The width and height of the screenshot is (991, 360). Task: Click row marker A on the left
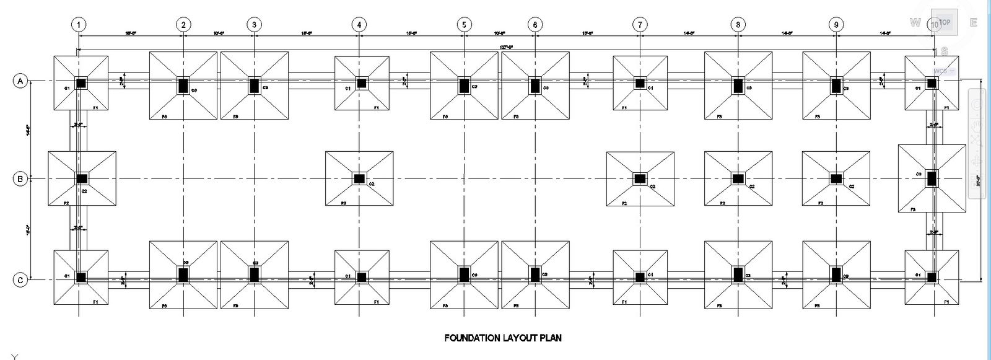tap(20, 81)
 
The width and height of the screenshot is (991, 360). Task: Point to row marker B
tap(20, 178)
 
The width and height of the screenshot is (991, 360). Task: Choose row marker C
tap(20, 280)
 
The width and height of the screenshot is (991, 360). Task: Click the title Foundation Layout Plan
tap(503, 338)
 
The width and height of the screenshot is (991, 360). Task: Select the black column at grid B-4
tap(360, 178)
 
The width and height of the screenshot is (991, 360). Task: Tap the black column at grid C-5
tap(465, 274)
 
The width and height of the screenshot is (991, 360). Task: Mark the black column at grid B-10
tap(932, 178)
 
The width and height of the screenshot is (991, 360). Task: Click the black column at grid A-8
tap(738, 86)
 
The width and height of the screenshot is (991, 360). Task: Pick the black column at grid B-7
tap(640, 178)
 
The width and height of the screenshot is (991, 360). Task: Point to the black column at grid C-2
tap(183, 274)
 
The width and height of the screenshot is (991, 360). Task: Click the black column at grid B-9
tap(836, 178)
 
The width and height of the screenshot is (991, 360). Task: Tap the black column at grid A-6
tap(535, 86)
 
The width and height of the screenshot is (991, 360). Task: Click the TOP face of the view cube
tap(945, 22)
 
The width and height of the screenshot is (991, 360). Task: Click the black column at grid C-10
tap(931, 276)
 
